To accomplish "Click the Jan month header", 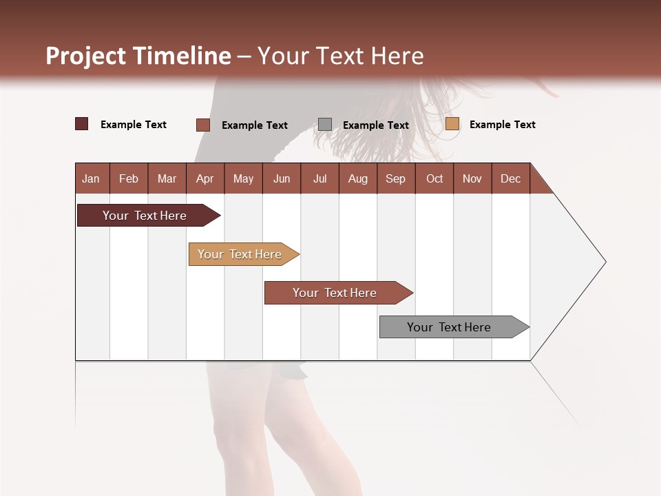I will pos(91,178).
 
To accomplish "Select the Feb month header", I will pos(129,178).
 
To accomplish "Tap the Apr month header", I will pos(204,178).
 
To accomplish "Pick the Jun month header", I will pos(282,178).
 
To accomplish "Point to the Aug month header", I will pos(357,178).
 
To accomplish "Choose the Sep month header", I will pos(395,178).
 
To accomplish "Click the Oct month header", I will pos(434,178).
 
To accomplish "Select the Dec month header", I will pos(510,178).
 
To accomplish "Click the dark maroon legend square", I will pos(82,124).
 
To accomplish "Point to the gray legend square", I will pos(325,125).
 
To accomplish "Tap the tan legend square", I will pos(452,124).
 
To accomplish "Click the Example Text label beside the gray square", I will pos(375,125).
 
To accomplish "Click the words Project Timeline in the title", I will pos(138,56).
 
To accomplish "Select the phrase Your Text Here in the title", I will pos(340,56).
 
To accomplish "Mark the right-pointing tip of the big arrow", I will pos(604,262).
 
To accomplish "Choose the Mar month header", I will pos(167,178).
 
